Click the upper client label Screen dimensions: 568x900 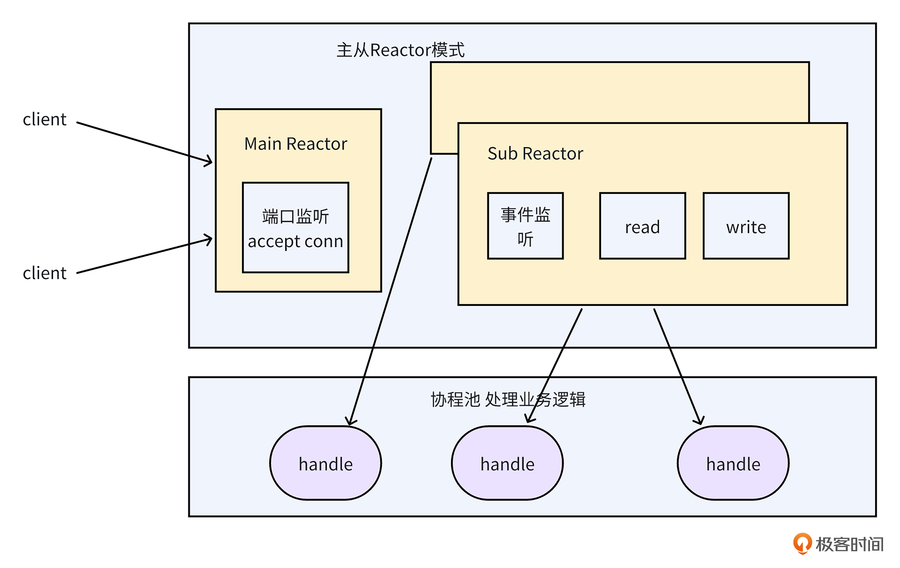coord(45,120)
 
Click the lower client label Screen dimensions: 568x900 coord(45,273)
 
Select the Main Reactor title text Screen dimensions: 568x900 coord(296,144)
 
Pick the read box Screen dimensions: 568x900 coord(642,226)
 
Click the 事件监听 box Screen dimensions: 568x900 coord(525,226)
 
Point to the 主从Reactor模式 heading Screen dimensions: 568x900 coord(400,50)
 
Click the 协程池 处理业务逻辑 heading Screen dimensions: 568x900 coord(508,399)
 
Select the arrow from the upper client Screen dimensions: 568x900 coord(144,142)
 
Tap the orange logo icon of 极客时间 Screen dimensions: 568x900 coord(802,543)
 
